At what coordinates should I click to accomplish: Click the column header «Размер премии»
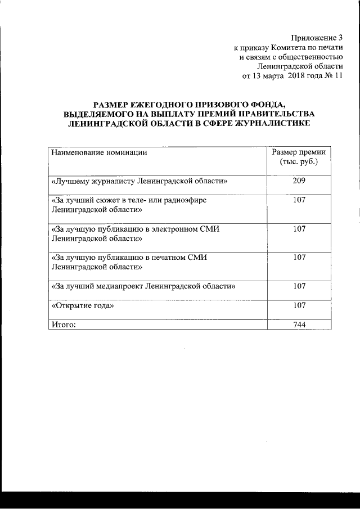click(299, 152)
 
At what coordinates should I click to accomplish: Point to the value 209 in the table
click(299, 181)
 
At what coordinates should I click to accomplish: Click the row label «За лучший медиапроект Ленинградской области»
click(143, 286)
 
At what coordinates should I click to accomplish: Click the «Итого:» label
click(63, 325)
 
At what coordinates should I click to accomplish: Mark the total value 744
click(299, 325)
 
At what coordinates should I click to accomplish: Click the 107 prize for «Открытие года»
click(299, 305)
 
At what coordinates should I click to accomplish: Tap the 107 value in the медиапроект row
click(299, 286)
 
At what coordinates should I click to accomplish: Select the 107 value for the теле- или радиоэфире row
click(299, 200)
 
